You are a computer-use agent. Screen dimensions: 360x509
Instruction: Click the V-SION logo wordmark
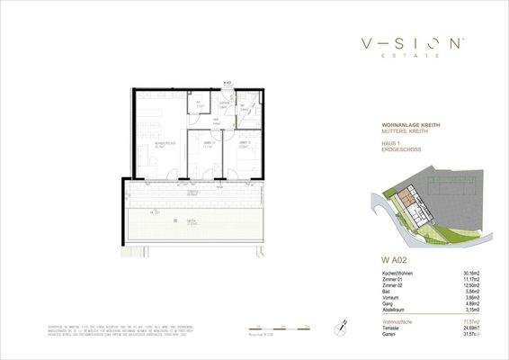coord(413,43)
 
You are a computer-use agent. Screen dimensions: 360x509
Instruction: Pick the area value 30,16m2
coord(460,274)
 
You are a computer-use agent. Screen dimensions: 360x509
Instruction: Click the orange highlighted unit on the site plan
coord(407,195)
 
